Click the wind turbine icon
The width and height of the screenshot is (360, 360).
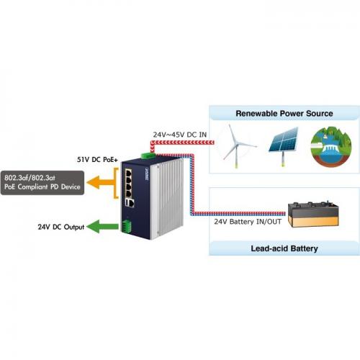[237, 145]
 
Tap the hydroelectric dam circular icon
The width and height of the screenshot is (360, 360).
[331, 146]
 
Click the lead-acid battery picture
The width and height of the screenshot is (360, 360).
[313, 215]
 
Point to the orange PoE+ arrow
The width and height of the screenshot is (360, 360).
[101, 183]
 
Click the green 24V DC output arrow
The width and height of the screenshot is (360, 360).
[102, 226]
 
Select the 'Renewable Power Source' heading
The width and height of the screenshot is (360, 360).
[284, 113]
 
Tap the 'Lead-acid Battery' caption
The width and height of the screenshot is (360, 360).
[284, 248]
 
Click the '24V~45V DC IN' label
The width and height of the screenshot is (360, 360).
[180, 135]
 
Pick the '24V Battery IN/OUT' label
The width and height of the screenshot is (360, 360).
[248, 222]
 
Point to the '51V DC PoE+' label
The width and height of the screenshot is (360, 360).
[97, 160]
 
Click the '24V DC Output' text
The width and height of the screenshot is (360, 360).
[61, 227]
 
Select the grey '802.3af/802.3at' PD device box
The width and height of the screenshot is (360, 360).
[42, 183]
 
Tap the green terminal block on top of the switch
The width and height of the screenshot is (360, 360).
[148, 156]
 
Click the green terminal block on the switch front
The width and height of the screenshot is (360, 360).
[126, 225]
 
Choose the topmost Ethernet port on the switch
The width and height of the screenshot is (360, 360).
[128, 173]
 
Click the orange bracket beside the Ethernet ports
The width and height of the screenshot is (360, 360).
[116, 183]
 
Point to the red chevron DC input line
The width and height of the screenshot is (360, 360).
[182, 143]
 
